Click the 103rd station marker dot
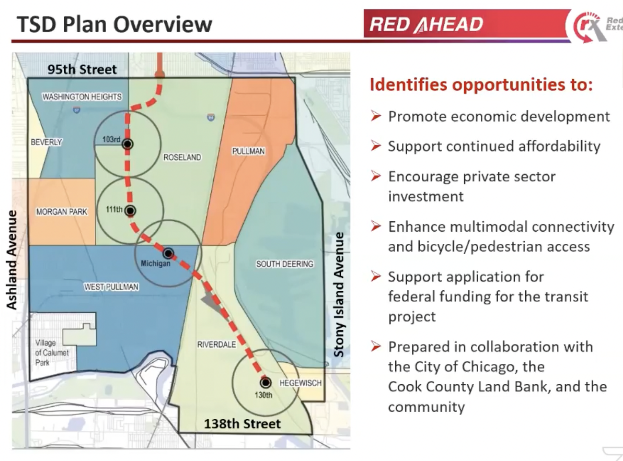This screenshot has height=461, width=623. point(128,144)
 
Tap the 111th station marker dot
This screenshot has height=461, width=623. point(130,210)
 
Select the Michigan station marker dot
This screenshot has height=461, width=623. point(168,253)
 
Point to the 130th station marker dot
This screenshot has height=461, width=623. point(265,383)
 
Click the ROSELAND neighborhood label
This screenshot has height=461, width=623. point(182,157)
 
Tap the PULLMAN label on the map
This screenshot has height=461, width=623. point(248,151)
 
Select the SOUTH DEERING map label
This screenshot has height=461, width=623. point(285,264)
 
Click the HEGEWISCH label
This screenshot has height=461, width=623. point(300,383)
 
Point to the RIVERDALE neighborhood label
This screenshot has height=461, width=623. point(216,345)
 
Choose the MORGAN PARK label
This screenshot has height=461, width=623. point(62,212)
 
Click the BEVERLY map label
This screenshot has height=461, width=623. point(47,142)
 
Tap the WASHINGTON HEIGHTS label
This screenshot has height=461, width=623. point(82,97)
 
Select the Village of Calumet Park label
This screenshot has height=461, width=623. point(52,353)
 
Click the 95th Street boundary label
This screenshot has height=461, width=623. point(82,69)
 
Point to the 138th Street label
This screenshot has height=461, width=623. point(243,424)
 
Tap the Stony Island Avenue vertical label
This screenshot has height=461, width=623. point(339,295)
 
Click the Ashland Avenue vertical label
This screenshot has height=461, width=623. point(12,260)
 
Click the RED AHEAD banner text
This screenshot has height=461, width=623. point(427,24)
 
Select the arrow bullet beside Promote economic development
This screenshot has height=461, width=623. point(376,116)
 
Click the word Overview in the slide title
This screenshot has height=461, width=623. point(163,24)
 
